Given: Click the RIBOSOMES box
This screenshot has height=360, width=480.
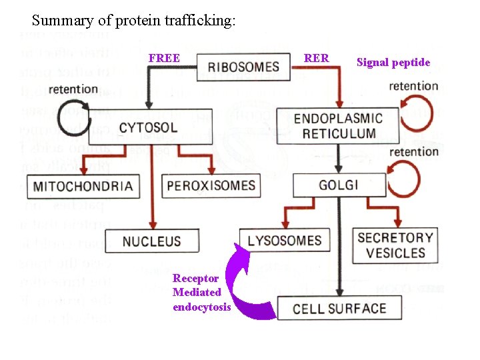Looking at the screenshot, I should click(243, 66).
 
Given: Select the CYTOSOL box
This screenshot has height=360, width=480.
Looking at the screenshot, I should click(157, 127).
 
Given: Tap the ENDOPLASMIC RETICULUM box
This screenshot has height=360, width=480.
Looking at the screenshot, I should click(338, 126).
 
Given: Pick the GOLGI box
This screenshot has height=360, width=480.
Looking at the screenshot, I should click(339, 185).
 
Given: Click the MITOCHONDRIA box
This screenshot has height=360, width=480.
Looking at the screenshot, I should click(83, 185).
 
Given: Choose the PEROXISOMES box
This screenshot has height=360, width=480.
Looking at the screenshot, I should click(211, 185).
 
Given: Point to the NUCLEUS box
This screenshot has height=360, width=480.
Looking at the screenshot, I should click(151, 241).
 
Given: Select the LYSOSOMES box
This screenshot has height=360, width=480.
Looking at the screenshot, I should click(285, 240).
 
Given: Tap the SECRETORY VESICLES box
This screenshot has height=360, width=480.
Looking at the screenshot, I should click(395, 245).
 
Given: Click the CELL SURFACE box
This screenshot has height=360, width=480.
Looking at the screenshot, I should click(339, 308).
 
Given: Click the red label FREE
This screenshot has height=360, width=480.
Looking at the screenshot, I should click(164, 58).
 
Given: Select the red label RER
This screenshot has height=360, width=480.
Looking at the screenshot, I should click(316, 58).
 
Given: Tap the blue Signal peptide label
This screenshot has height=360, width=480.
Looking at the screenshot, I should click(393, 63).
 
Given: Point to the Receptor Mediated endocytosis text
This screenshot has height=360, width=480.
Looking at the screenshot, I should click(201, 292).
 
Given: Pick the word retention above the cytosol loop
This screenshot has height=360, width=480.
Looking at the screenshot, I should click(73, 89).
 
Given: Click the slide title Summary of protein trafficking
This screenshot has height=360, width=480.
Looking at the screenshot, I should click(133, 21).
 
